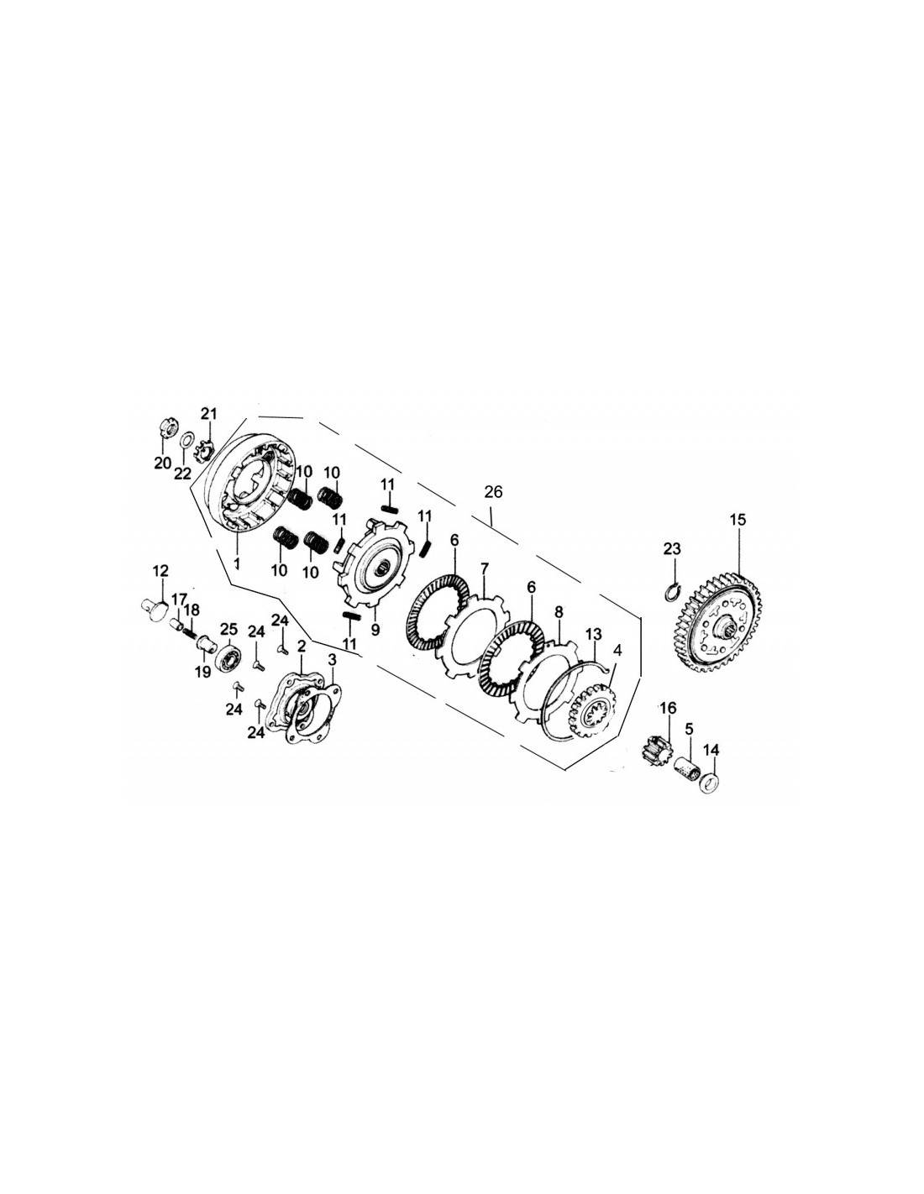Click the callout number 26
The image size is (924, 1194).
pos(493,492)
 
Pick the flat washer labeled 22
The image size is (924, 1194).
pos(186,441)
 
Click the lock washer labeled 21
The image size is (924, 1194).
pos(205,452)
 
